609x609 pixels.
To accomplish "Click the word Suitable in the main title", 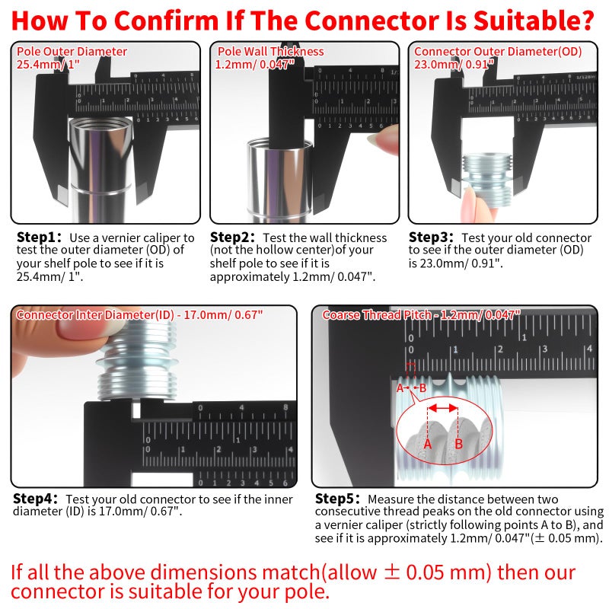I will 511,17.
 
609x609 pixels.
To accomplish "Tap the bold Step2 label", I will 233,238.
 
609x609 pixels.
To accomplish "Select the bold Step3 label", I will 432,238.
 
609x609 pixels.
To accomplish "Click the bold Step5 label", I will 338,499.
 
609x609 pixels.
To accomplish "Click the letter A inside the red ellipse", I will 427,443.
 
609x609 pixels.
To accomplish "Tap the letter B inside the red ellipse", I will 459,443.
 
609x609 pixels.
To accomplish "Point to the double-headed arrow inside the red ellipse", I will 443,408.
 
